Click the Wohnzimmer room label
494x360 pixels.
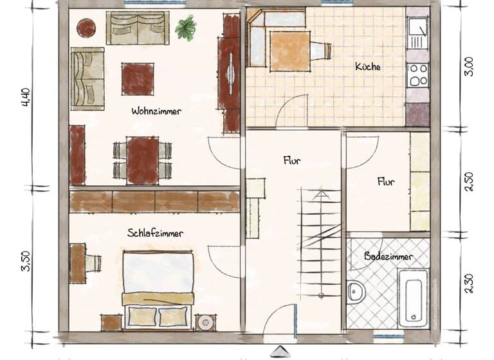pos(156,111)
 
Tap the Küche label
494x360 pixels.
pos(367,66)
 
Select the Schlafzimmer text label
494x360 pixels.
pos(155,233)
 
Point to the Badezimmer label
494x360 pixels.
pos(389,256)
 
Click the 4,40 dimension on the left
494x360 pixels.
pos(26,100)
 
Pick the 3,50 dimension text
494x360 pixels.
pos(26,261)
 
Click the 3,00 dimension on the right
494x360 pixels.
pos(469,67)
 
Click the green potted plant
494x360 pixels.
pos(187,28)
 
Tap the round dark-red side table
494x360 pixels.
pos(86,28)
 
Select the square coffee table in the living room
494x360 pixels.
pos(138,77)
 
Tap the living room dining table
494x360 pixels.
pos(142,159)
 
